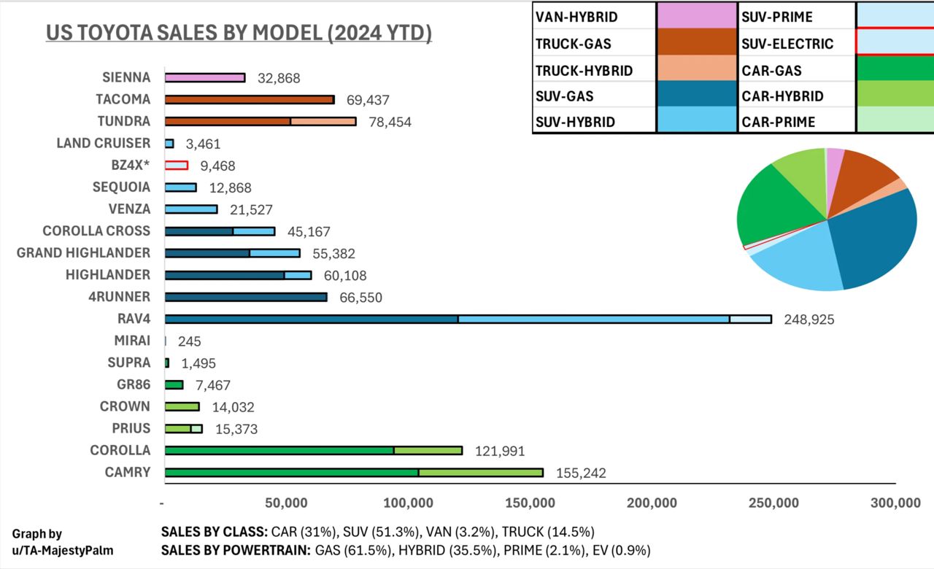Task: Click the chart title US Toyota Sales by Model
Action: tap(239, 34)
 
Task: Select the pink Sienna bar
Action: tap(204, 77)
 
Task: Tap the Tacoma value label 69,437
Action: tap(366, 100)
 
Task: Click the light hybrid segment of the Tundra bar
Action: tap(323, 121)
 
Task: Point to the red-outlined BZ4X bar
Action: tap(177, 166)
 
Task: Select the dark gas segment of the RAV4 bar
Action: tap(311, 319)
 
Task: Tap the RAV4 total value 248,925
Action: tap(808, 320)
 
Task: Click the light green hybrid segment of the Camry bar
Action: tap(481, 473)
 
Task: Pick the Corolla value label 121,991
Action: tap(500, 452)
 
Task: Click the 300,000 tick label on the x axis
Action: tap(896, 503)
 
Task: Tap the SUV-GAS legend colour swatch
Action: tap(696, 96)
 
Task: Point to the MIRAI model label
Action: tap(132, 341)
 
